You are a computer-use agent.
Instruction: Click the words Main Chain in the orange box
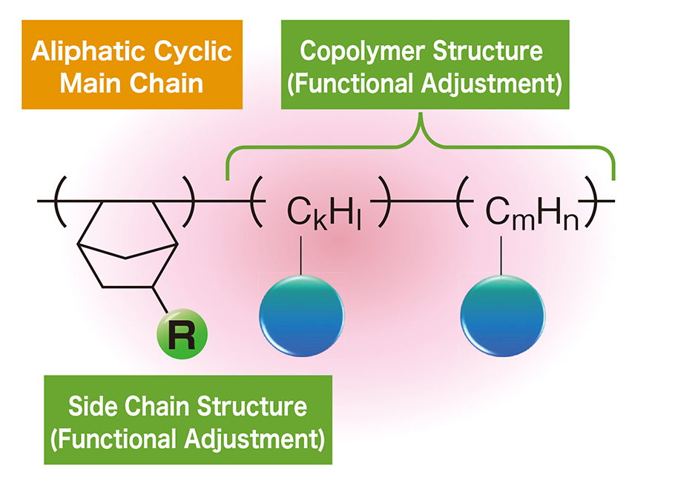click(x=131, y=83)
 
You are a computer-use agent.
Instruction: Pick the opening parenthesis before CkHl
click(x=257, y=201)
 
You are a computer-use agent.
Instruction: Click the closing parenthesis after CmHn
click(x=591, y=201)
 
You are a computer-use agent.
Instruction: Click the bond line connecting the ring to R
click(x=163, y=304)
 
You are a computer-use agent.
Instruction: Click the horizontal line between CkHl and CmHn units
click(x=423, y=201)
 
